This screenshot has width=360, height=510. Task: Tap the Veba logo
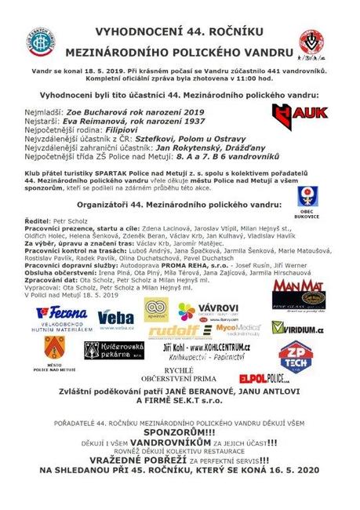click(115, 317)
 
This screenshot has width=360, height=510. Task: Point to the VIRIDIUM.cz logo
click(298, 331)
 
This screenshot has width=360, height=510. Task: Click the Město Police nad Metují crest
click(54, 349)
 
